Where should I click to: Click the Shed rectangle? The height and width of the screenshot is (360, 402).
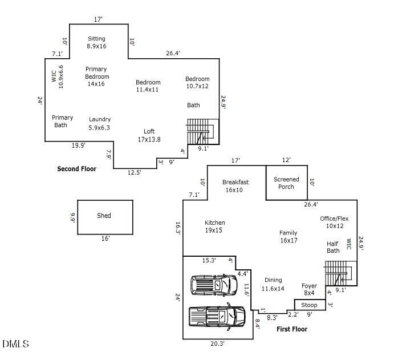(105, 217)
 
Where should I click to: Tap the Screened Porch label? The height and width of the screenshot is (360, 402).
(286, 183)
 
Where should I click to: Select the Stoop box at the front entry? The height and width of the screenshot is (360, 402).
(309, 305)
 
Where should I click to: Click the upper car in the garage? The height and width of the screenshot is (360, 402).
(213, 284)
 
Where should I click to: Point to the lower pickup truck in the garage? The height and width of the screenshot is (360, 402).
(217, 316)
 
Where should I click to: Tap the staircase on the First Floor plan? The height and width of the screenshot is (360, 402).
(340, 273)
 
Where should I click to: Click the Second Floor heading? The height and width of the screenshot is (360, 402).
(76, 169)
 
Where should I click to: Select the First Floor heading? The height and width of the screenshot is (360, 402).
(292, 329)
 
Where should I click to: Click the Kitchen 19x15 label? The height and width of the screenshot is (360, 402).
(215, 226)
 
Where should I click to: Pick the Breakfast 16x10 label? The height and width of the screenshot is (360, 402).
(235, 186)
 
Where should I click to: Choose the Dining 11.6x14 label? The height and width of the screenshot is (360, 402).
(273, 284)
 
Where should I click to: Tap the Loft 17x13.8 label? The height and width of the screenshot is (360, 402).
(149, 135)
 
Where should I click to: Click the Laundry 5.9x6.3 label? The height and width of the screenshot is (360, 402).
(100, 123)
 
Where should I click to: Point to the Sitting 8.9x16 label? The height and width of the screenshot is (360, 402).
(96, 42)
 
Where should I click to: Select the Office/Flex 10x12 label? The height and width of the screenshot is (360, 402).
(334, 222)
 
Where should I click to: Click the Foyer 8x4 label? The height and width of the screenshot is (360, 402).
(309, 289)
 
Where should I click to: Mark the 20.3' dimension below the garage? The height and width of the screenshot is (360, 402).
(217, 343)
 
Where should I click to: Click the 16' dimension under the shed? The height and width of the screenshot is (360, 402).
(105, 238)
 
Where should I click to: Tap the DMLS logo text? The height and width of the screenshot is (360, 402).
(15, 343)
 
